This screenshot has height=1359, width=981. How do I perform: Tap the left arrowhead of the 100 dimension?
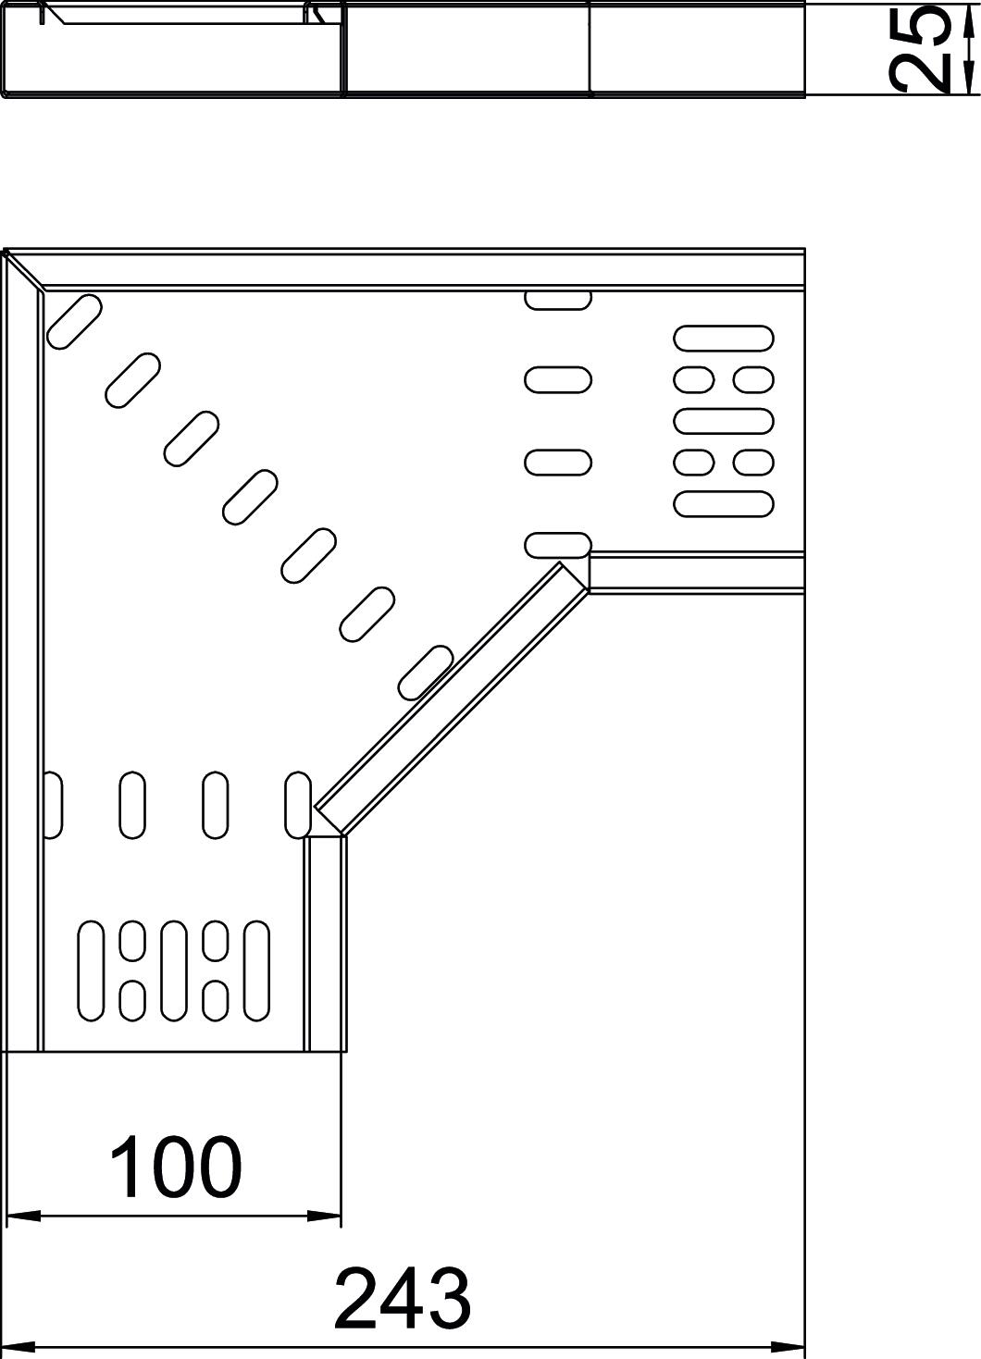coord(22,1215)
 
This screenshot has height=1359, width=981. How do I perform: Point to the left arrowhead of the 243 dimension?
coord(22,1345)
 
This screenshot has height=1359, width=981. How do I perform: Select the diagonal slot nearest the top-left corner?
coord(73,322)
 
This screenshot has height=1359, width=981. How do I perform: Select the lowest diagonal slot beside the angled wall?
coord(425,672)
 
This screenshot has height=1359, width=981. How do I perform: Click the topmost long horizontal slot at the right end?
coord(723,339)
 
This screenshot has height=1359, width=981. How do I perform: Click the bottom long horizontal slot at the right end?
coord(723,503)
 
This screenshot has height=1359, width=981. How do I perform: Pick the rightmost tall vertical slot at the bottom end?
coord(256,970)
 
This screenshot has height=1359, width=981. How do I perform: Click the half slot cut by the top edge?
coord(558,299)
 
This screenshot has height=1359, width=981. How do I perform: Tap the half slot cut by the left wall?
coord(53,805)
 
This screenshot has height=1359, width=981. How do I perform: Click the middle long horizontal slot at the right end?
coord(723,421)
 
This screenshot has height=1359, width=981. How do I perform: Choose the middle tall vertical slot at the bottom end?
coord(174,970)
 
